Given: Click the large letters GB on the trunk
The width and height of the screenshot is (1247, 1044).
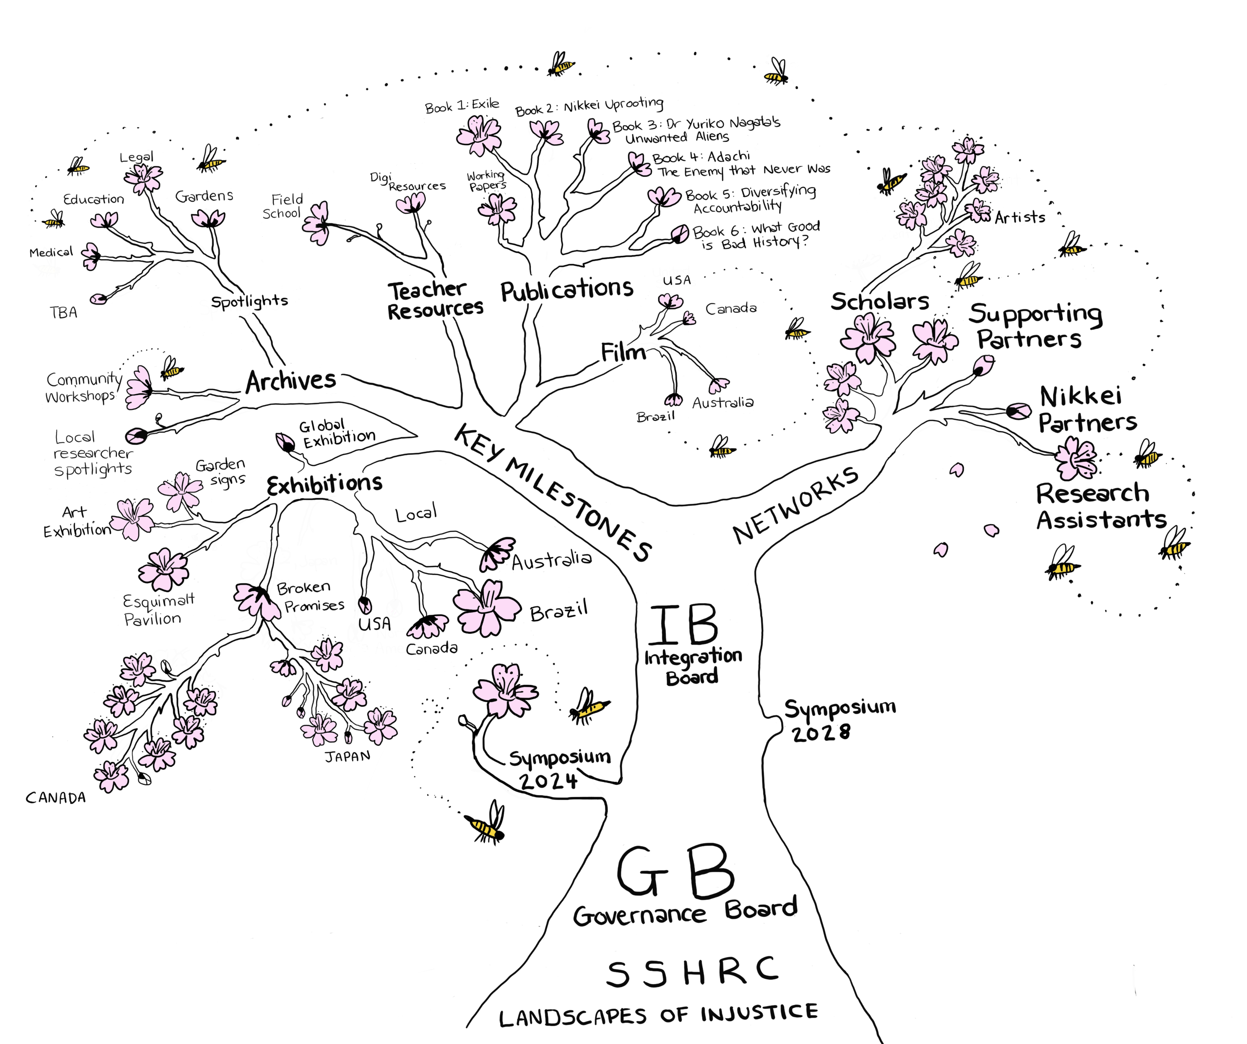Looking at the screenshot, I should pos(676,873).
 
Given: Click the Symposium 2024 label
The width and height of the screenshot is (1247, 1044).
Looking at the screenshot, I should pos(558,769).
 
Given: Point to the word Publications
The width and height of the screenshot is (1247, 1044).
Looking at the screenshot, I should pos(567,290).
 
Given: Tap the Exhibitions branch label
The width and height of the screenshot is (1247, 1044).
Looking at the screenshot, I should pos(324,484).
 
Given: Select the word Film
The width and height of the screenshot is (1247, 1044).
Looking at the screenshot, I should pos(623,352).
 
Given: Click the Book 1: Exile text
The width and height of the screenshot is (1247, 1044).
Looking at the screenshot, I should pos(462,106).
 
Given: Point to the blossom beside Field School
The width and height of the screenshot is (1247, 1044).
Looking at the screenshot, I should pos(317,223).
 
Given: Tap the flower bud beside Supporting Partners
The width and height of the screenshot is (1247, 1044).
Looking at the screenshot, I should pos(983,364).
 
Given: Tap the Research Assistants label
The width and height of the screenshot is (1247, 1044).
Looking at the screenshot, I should pos(1100,506).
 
